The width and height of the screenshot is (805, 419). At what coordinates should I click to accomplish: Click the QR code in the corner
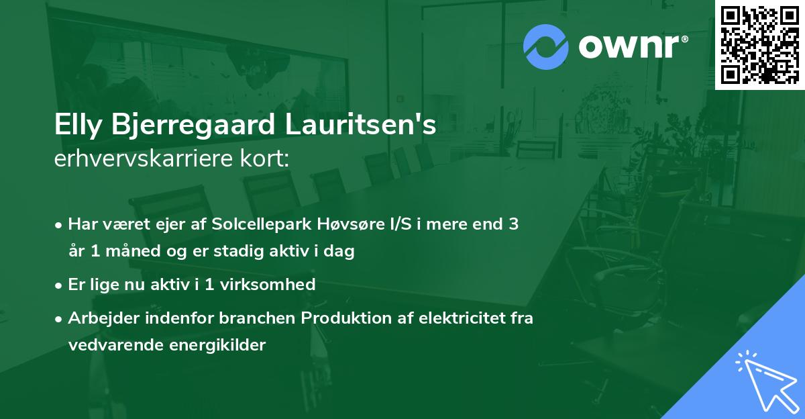759,44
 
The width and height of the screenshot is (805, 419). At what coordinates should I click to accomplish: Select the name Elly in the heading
76,126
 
